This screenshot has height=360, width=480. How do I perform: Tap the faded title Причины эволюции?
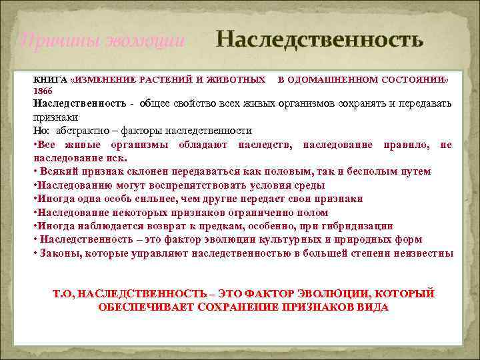click(x=101, y=41)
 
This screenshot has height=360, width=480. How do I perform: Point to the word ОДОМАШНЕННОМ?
click(x=334, y=80)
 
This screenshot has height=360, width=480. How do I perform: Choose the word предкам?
click(x=216, y=226)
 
